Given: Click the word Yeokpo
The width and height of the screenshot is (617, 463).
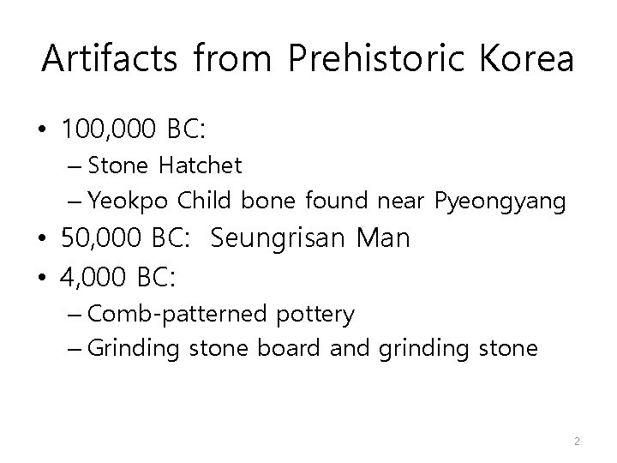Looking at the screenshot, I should [x=130, y=201].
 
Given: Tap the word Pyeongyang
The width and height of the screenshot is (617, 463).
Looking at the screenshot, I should [x=500, y=201].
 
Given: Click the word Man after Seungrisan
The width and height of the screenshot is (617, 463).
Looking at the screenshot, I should [x=382, y=239].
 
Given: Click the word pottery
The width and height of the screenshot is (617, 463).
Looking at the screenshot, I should [x=314, y=315].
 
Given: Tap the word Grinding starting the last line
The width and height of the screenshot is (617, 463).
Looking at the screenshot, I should [x=129, y=349].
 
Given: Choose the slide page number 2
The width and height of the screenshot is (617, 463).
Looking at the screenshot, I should [x=577, y=441].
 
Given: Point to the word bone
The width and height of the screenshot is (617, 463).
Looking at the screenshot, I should [x=266, y=201].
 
